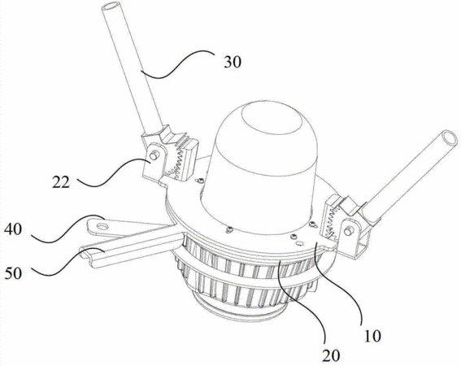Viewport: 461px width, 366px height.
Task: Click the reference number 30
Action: [x=233, y=62]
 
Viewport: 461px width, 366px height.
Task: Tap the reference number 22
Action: [x=61, y=182]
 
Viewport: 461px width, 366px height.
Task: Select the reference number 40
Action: [x=13, y=229]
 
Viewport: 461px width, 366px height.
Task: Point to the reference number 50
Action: [x=13, y=273]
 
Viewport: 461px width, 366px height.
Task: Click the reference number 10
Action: [x=372, y=335]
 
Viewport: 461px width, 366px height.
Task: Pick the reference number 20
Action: [x=331, y=355]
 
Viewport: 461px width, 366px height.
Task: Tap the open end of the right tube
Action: [x=450, y=138]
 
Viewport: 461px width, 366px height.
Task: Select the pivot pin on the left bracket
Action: [x=153, y=155]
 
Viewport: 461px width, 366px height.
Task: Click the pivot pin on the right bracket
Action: [x=348, y=231]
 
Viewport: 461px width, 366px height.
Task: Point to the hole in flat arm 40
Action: [x=102, y=226]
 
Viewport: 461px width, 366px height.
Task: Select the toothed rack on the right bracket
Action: [x=332, y=220]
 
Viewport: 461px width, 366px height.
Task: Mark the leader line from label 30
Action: [x=177, y=65]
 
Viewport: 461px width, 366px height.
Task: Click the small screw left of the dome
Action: [x=200, y=181]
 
